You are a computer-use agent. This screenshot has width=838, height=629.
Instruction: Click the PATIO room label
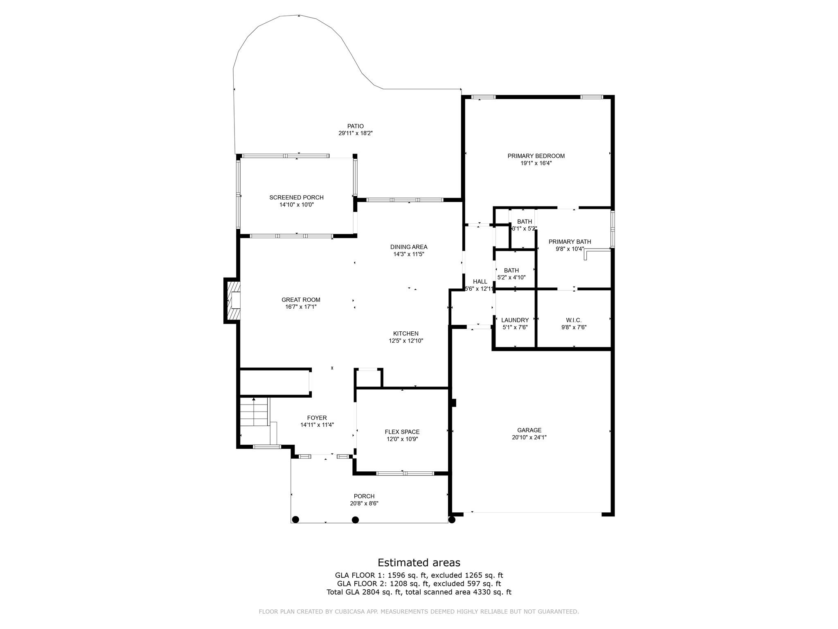tap(355, 126)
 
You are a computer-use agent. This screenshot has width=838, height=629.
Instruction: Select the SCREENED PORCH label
tap(296, 197)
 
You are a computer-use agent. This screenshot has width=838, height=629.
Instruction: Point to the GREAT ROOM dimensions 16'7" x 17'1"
tap(301, 307)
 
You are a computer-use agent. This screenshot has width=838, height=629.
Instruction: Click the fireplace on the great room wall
tap(232, 301)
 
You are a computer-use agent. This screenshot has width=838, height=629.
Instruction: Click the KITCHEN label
tap(405, 334)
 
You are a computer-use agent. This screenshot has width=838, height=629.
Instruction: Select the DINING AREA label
tap(409, 247)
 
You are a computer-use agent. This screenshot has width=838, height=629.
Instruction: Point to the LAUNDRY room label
tap(515, 320)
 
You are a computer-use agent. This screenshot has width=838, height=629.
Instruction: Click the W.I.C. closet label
tap(574, 320)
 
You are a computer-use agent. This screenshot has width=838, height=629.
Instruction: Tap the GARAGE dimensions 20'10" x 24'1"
tap(529, 437)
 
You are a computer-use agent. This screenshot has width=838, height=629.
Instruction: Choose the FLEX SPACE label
tap(402, 432)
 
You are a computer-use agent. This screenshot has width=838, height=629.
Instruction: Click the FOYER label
tap(317, 418)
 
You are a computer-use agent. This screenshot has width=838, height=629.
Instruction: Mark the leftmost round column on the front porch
tap(295, 520)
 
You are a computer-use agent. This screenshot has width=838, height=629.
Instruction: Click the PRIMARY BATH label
tap(570, 242)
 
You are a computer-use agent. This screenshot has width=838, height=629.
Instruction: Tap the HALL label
tap(480, 282)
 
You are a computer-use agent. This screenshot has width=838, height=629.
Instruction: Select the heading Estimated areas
tap(419, 563)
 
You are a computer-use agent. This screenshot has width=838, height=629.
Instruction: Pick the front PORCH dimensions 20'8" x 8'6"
tap(364, 504)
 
